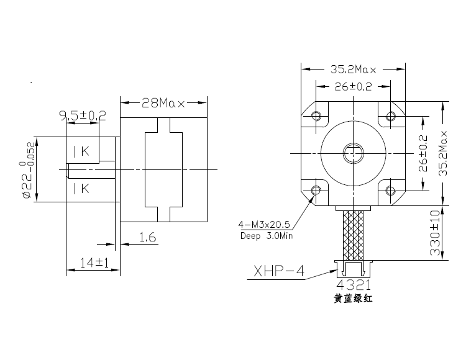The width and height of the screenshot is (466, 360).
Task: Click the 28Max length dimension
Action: pyautogui.click(x=163, y=103)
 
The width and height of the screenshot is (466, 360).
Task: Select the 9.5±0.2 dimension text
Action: pyautogui.click(x=83, y=115)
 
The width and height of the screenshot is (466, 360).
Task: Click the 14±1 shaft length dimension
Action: pyautogui.click(x=94, y=263)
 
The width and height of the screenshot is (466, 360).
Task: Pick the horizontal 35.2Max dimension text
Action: pyautogui.click(x=352, y=69)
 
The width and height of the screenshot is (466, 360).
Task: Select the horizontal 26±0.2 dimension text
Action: pyautogui.click(x=352, y=87)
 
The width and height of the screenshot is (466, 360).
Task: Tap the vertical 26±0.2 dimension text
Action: pyautogui.click(x=424, y=153)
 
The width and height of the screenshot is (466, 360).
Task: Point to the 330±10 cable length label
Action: pyautogui.click(x=435, y=233)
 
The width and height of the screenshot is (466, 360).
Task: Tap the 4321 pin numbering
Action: pyautogui.click(x=352, y=286)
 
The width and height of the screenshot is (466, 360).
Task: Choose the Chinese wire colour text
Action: pyautogui.click(x=352, y=299)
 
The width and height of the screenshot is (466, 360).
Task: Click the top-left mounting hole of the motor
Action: pyautogui.click(x=316, y=116)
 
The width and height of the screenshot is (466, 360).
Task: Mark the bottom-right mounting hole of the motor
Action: pyautogui.click(x=390, y=189)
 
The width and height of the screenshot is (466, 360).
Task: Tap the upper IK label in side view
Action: pyautogui.click(x=81, y=151)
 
